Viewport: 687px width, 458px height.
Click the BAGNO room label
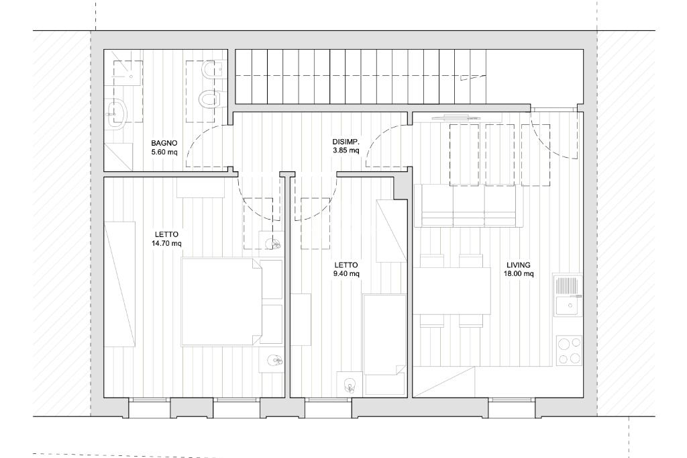(164, 143)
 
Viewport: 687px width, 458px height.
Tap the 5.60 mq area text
(164, 152)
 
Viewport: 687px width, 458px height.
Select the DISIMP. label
(346, 142)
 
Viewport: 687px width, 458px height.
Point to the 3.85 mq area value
(346, 151)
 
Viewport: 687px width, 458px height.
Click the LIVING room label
(519, 265)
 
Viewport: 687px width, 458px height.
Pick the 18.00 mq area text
(519, 274)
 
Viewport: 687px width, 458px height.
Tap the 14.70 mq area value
(166, 244)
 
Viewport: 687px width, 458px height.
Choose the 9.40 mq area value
(346, 274)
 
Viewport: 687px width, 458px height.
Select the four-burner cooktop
(570, 350)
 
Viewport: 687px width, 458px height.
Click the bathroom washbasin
(116, 113)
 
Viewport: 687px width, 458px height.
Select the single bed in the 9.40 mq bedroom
(385, 334)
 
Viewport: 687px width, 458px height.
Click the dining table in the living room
(452, 290)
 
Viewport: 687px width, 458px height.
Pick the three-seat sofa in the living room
(468, 205)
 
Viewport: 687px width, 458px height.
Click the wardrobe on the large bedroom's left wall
(119, 284)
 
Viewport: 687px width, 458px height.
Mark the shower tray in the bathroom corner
(118, 156)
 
